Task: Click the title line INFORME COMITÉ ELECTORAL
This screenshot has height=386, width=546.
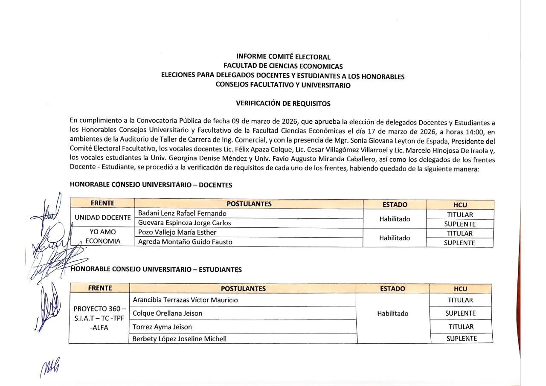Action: (x=283, y=57)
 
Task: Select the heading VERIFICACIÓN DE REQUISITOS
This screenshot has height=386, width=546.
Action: (x=283, y=103)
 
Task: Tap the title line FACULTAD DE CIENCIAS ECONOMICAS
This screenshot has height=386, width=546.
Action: (x=283, y=66)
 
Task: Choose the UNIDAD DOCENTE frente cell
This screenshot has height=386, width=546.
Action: (x=102, y=218)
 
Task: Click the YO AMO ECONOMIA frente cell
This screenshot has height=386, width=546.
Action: (x=102, y=237)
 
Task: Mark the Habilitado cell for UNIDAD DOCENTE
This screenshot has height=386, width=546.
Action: (x=395, y=219)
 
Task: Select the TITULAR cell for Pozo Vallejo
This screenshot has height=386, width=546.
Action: (x=460, y=233)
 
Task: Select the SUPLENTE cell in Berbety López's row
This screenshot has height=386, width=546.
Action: (x=462, y=339)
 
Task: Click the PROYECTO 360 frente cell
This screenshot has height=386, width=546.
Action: (x=99, y=318)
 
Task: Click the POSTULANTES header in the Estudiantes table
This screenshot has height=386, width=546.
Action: (x=243, y=289)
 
